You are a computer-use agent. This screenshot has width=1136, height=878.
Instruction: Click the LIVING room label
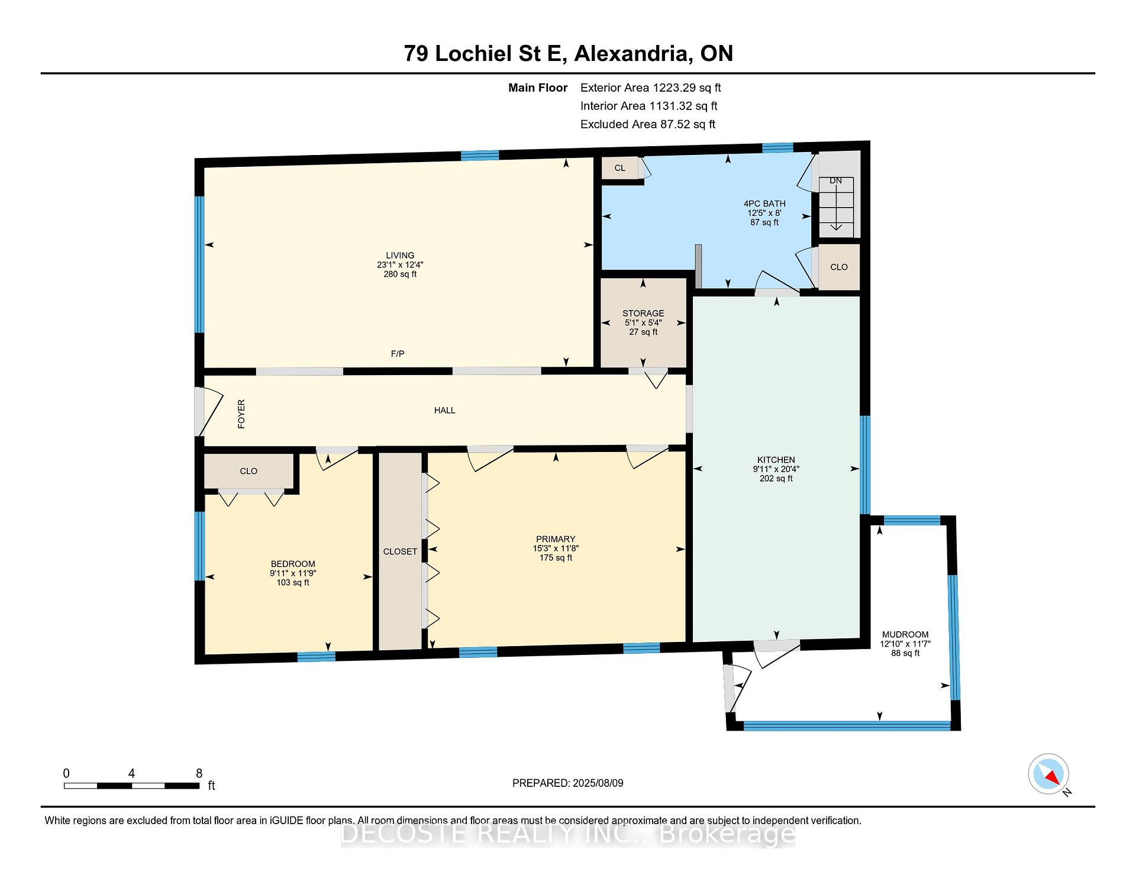click(400, 256)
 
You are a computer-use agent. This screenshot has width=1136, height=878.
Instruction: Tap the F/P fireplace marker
click(398, 354)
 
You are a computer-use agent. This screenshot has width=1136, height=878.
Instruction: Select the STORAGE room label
click(643, 314)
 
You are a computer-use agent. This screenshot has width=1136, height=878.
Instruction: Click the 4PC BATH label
click(764, 204)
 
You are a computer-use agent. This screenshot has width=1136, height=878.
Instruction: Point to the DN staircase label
click(835, 180)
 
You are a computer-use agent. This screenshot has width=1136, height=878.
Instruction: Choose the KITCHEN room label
click(776, 460)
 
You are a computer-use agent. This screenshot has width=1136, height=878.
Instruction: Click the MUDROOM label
click(905, 634)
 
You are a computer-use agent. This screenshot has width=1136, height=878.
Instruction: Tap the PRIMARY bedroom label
click(556, 539)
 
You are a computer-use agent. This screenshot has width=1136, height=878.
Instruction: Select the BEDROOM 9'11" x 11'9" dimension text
click(293, 573)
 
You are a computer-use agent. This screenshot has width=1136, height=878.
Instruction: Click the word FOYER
click(241, 414)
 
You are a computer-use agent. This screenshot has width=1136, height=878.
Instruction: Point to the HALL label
click(445, 410)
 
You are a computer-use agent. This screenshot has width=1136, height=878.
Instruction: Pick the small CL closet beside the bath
click(620, 168)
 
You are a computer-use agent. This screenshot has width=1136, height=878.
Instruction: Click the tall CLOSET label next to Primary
click(400, 551)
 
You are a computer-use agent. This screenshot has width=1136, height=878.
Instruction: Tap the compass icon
click(1048, 774)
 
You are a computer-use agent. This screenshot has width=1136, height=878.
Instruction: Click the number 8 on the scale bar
click(199, 773)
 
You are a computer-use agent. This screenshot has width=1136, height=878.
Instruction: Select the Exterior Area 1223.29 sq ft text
click(651, 88)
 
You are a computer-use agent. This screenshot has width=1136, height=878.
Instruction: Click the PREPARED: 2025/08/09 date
click(568, 783)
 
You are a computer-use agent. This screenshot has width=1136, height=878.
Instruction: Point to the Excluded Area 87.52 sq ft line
click(648, 124)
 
